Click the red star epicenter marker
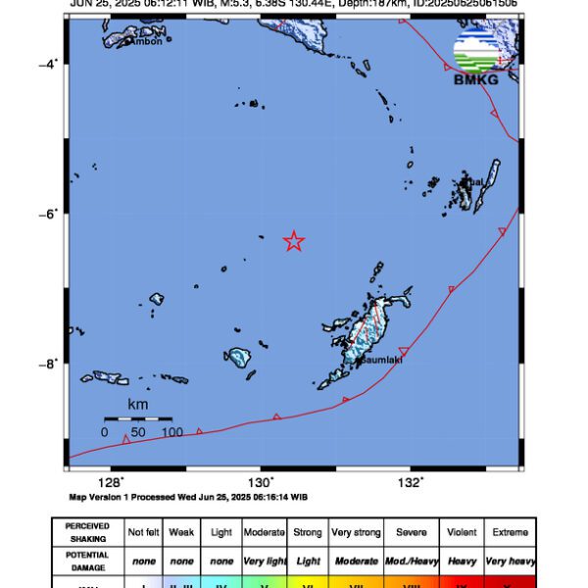[294, 241]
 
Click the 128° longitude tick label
[110, 482]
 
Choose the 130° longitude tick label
[260, 482]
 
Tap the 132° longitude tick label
[411, 482]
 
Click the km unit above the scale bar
[138, 404]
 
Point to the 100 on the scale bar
[172, 431]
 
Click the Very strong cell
[356, 532]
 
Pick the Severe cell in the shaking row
[412, 532]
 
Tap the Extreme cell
[510, 532]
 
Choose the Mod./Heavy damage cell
[412, 562]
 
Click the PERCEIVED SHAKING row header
[87, 532]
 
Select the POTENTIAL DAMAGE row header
[87, 562]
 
